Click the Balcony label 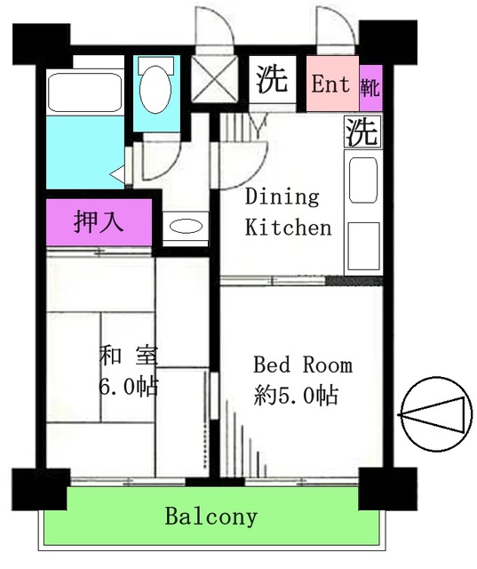coord(211,517)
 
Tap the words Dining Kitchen coord(288,212)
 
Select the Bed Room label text coord(303,365)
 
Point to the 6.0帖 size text coord(129,387)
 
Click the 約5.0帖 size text coord(296,396)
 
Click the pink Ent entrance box coord(331,84)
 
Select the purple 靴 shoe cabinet coord(370,86)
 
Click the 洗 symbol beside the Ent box coord(273,80)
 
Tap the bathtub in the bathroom coord(85,92)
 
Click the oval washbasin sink coord(186,227)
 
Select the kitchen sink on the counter coord(361,180)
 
